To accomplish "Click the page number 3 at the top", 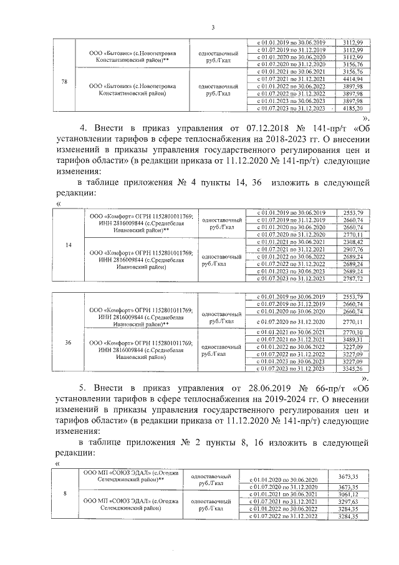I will click(213, 27).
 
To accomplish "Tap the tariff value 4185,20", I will click(353, 108).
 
